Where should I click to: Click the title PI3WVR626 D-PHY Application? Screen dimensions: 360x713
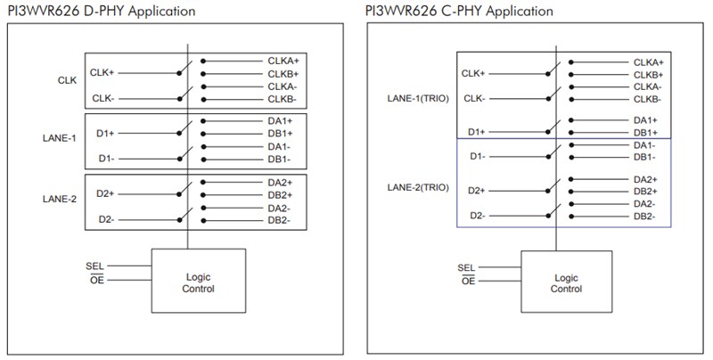coord(102,11)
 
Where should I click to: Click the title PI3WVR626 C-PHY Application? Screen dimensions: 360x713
coord(458,11)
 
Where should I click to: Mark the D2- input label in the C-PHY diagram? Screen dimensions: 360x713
coord(477,217)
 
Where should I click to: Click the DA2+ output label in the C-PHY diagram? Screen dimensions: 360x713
coord(644,179)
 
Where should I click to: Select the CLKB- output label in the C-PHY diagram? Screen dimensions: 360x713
coord(648,99)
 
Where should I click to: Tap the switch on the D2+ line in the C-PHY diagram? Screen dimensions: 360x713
coord(553,186)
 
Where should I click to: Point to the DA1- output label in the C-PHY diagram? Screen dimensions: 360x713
coord(644,144)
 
